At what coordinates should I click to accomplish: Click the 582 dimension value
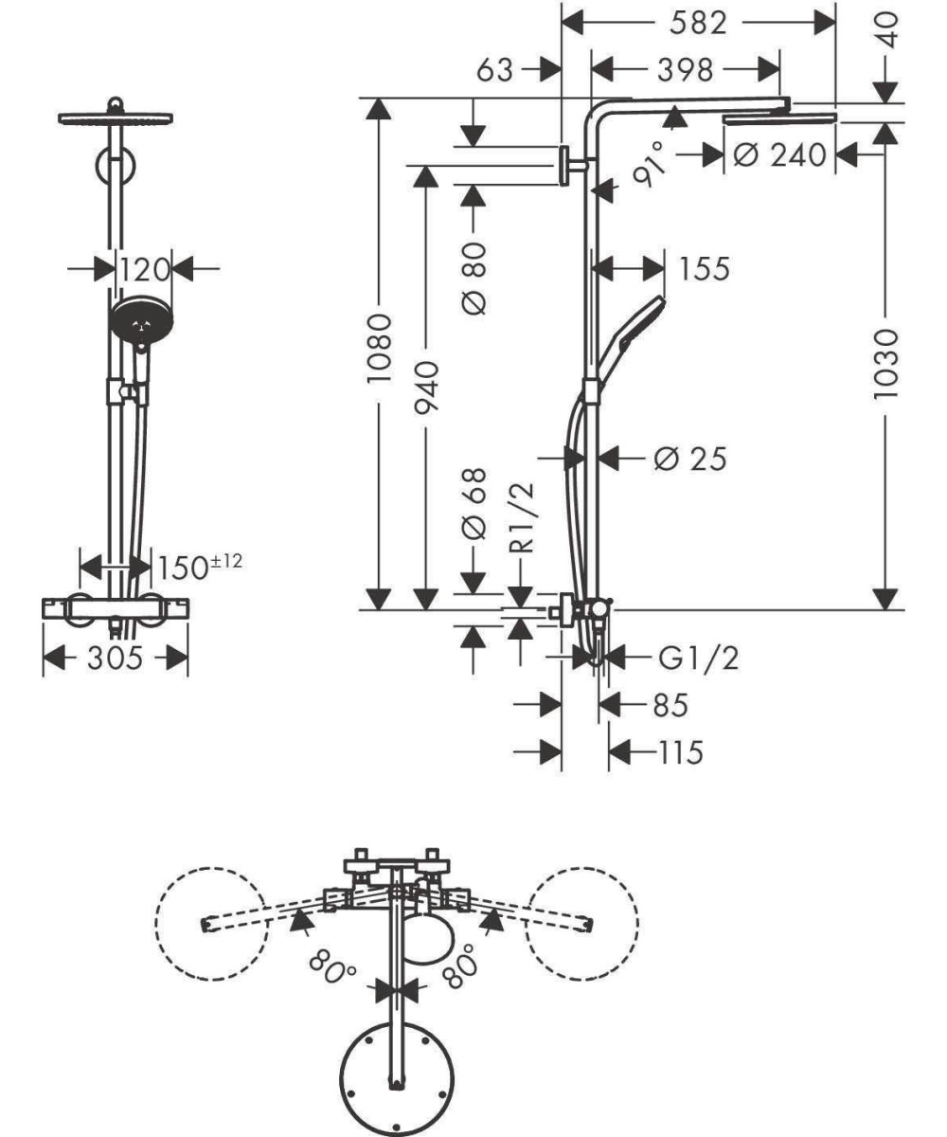pos(698,23)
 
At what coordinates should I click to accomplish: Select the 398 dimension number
pos(686,70)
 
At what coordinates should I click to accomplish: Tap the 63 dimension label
pos(494,70)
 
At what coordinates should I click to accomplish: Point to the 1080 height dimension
pos(380,349)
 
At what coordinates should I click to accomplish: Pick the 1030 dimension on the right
pos(884,364)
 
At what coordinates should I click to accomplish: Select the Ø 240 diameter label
pos(779,155)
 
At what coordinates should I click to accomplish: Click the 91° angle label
pos(650,165)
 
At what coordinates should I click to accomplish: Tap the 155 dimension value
pos(705,268)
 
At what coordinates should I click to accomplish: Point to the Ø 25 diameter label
pos(690,459)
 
